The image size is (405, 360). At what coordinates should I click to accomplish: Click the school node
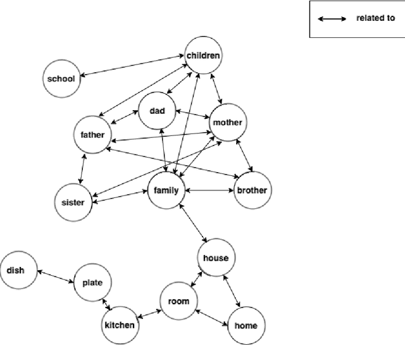[x=61, y=78]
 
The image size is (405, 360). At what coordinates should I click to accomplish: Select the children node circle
[x=203, y=56]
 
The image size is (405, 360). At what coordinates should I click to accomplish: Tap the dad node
[x=157, y=111]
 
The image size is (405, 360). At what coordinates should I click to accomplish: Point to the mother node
[x=227, y=122]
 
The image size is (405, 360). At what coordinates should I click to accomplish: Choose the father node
[x=92, y=135]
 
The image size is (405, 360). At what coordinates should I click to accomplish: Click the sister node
[x=73, y=202]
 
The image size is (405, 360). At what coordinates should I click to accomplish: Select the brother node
[x=251, y=190]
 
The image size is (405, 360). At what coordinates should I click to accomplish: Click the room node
[x=178, y=301]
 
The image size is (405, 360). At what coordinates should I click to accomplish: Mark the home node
[x=246, y=326]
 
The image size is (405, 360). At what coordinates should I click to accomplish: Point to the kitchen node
[x=119, y=325]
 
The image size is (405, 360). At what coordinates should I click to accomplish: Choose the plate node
[x=93, y=282]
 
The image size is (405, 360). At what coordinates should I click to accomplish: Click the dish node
[x=16, y=270]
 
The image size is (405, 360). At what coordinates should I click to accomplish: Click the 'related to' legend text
[x=375, y=18]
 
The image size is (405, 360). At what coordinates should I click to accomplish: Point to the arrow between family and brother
[x=208, y=190]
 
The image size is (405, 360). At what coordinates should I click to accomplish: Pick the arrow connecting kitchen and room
[x=148, y=313]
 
